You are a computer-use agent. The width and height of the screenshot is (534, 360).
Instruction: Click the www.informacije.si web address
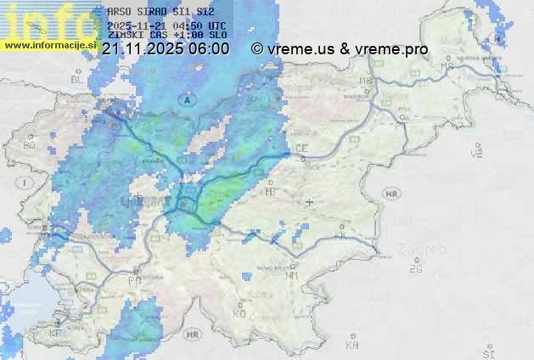click(49, 45)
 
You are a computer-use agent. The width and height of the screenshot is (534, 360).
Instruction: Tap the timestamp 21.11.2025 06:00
click(165, 49)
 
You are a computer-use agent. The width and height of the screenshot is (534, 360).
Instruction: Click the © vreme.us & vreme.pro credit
click(340, 49)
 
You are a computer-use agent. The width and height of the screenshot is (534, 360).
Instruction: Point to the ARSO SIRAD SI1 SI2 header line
click(161, 11)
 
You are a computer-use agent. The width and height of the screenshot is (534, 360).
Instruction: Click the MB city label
click(366, 81)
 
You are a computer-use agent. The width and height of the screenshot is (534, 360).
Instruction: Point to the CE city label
click(301, 149)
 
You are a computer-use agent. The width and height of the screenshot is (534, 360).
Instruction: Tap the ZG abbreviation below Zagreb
click(415, 269)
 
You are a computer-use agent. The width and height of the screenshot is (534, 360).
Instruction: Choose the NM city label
click(292, 275)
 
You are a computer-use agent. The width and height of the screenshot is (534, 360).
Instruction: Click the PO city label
click(133, 280)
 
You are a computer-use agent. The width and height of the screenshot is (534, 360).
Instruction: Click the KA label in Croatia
click(352, 346)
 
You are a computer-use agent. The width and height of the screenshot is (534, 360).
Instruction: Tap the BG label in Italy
click(30, 145)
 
